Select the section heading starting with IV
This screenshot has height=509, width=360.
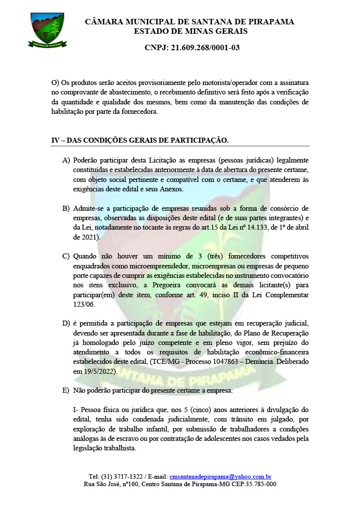(x=140, y=140)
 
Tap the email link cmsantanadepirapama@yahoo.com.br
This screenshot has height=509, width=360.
(x=220, y=476)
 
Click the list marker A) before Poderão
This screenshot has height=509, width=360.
(x=66, y=161)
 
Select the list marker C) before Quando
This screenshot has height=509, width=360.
(x=66, y=256)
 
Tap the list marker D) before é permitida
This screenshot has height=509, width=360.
(x=66, y=324)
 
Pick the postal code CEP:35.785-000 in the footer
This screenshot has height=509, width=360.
(x=249, y=484)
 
